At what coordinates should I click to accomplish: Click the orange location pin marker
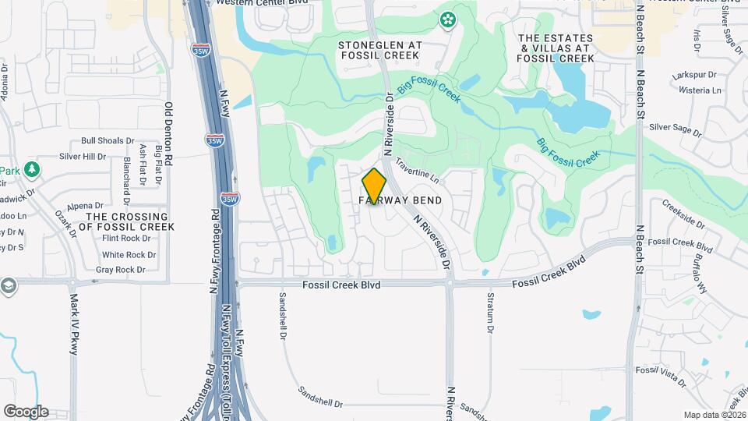[374, 186]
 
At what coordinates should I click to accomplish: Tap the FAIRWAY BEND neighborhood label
[400, 200]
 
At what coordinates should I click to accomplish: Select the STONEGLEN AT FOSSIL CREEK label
[380, 51]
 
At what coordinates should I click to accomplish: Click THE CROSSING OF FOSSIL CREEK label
[127, 221]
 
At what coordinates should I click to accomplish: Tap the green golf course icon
[448, 19]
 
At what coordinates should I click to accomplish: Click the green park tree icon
[31, 169]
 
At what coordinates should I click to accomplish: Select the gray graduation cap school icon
[9, 285]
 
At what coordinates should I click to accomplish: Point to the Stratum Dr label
[491, 313]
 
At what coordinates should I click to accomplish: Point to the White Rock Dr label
[129, 255]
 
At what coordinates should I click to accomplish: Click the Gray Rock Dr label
[121, 270]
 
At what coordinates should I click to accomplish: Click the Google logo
[26, 412]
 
